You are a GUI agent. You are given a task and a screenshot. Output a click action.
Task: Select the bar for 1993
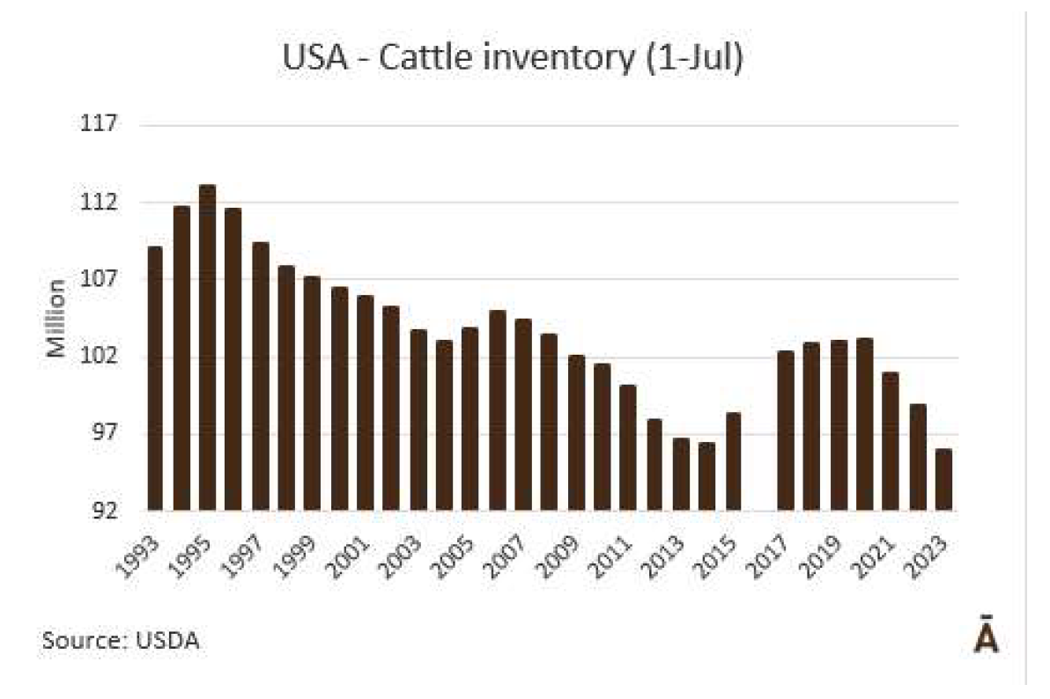[x=155, y=379]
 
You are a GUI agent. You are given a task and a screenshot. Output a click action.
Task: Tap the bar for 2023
[x=944, y=480]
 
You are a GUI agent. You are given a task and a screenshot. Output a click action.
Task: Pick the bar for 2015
[x=733, y=461]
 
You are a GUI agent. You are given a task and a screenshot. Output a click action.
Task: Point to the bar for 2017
[x=786, y=430]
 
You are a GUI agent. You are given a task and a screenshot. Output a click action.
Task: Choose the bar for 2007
[x=523, y=415]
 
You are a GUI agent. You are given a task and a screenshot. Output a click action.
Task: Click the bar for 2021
[x=891, y=441]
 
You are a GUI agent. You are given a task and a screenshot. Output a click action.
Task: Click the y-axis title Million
[x=57, y=318]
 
